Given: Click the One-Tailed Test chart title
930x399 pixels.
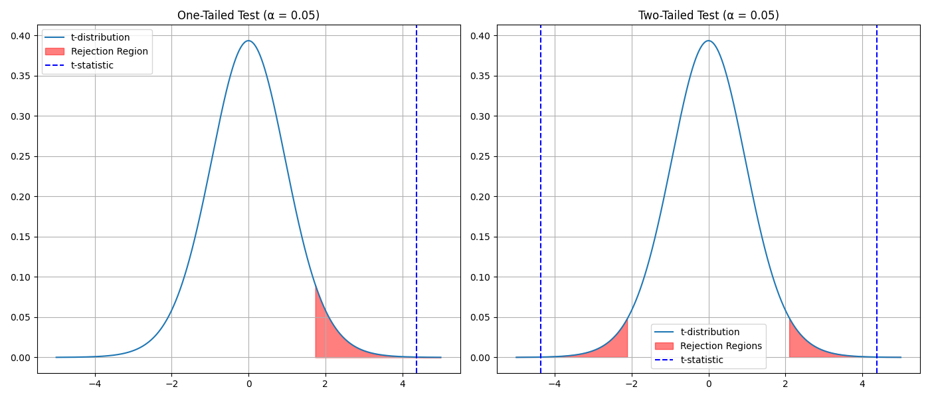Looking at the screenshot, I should click(248, 15).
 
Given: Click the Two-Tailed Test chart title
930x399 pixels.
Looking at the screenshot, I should click(708, 15).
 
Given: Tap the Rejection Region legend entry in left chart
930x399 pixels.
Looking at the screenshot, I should click(109, 51).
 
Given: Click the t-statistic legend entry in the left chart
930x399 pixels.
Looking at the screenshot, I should click(92, 65).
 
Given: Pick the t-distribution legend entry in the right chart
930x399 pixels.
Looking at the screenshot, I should click(709, 332).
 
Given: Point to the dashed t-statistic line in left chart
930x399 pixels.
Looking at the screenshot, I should click(417, 199).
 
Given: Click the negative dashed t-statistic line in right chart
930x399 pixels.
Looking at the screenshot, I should click(541, 199).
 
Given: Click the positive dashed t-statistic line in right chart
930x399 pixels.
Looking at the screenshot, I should click(877, 199).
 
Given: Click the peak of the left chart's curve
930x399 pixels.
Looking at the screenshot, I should click(248, 41).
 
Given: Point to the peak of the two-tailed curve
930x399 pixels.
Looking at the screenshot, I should click(708, 41).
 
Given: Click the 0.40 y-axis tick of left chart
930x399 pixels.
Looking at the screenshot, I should click(23, 36).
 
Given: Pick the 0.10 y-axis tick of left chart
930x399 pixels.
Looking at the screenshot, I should click(23, 277).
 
